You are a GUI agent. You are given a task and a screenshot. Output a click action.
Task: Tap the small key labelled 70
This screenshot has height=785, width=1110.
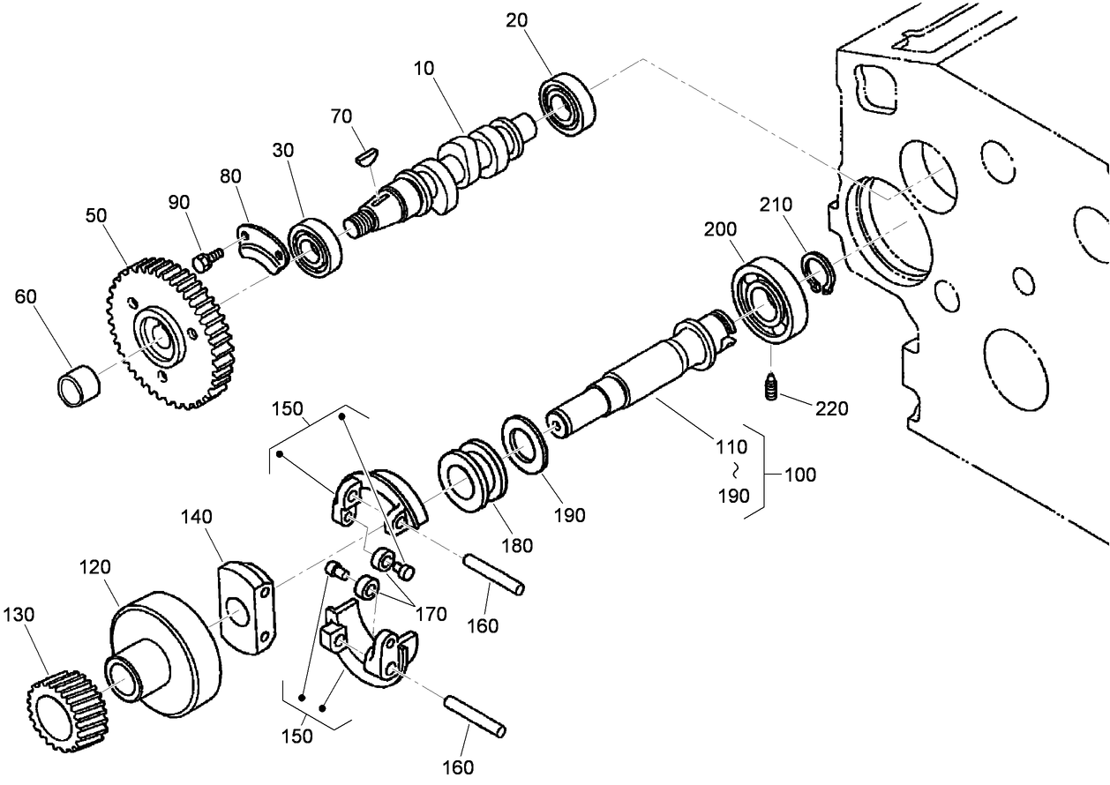pos(364,156)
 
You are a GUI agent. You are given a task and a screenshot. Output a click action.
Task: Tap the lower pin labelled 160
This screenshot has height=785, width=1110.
pos(476,715)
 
